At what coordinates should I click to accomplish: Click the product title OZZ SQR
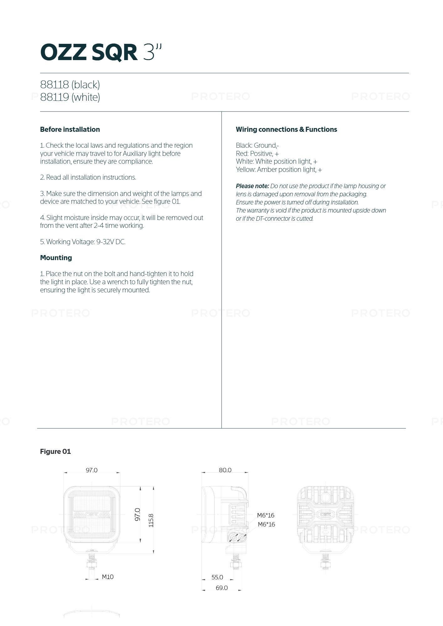pos(89,52)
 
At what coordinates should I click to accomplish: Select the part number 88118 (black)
pos(70,85)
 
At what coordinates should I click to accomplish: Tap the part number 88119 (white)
pos(70,97)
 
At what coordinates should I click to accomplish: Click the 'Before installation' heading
pos(70,129)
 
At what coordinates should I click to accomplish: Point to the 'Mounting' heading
pos(56,258)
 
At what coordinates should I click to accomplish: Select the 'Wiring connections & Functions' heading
pos(286,129)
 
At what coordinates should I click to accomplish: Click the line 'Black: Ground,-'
pos(257,145)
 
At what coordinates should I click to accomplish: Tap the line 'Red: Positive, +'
pos(257,153)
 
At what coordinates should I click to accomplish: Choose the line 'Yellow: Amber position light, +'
pos(279,170)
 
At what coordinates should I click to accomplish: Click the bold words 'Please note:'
pos(252,186)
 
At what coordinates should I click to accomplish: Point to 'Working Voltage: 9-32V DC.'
pos(83,242)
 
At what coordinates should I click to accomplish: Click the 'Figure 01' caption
pos(55,451)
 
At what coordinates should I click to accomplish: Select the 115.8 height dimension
pos(151,520)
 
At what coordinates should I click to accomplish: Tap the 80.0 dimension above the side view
pos(225,470)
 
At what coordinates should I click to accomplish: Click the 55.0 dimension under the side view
pos(217,577)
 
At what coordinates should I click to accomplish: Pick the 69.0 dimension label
pos(221,588)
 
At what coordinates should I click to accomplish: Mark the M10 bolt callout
pos(107,577)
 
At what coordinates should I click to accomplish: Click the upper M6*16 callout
pos(266,515)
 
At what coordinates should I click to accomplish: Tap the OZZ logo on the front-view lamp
pos(91,514)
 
